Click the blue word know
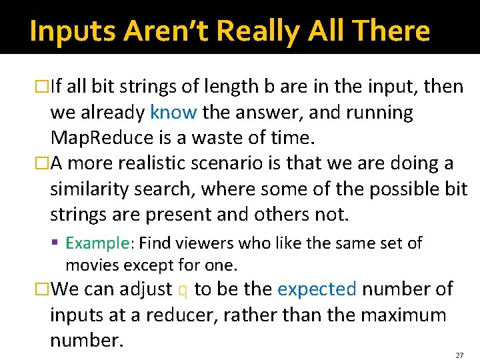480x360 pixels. (173, 113)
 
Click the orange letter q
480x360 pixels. (183, 290)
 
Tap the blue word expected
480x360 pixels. (317, 289)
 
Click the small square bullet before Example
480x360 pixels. (59, 243)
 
